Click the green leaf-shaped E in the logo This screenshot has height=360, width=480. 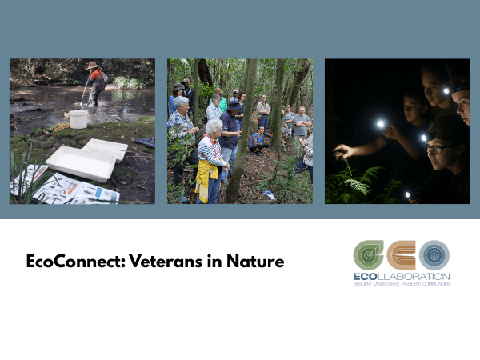369,255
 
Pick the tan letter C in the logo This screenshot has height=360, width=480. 402,255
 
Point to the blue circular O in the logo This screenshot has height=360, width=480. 434,255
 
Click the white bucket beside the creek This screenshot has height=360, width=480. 78,119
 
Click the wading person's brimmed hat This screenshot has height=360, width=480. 93,65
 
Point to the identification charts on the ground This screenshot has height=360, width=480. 64,188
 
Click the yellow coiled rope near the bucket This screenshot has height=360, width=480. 59,126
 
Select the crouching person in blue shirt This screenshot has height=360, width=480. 258,141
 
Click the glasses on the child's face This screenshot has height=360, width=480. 437,150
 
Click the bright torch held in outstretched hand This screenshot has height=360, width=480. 380,125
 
